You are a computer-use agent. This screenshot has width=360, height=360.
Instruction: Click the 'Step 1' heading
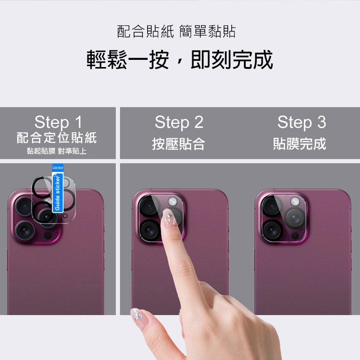pos(58,122)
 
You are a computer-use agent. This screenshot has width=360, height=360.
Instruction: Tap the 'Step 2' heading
pos(179,122)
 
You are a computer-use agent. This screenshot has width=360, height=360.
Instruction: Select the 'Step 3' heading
pos(301,122)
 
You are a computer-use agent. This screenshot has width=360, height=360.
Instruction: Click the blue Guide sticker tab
pos(58,188)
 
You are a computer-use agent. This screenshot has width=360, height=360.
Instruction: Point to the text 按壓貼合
pos(178,144)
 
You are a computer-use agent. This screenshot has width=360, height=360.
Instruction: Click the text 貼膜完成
pos(300,144)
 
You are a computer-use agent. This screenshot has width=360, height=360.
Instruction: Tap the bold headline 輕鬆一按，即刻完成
pos(180,60)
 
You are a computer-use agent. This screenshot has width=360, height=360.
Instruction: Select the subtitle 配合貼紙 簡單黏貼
pos(176,31)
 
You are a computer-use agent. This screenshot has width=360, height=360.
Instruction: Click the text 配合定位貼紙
pos(57,138)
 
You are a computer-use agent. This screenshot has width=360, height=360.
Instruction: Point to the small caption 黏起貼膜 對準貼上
pos(57,151)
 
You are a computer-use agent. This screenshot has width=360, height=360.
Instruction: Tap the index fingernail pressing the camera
pos(169,217)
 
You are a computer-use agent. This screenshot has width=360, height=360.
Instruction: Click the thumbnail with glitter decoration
pos(138,316)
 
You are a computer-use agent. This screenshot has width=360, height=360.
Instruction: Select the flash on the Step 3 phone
pos(295,201)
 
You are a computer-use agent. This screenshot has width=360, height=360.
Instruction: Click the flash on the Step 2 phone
pos(172,201)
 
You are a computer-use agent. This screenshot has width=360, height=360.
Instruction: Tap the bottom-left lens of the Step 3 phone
pos(272,230)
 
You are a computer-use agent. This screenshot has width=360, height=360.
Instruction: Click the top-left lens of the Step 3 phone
pos(272,206)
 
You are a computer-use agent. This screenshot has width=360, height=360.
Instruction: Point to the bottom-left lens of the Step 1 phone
pos(25,230)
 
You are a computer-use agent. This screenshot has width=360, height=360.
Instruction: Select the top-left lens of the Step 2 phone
pos(149,206)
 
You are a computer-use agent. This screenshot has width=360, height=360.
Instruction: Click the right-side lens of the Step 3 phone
pos(295,218)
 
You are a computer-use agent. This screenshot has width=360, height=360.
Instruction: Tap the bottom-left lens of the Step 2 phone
pos(149,230)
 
